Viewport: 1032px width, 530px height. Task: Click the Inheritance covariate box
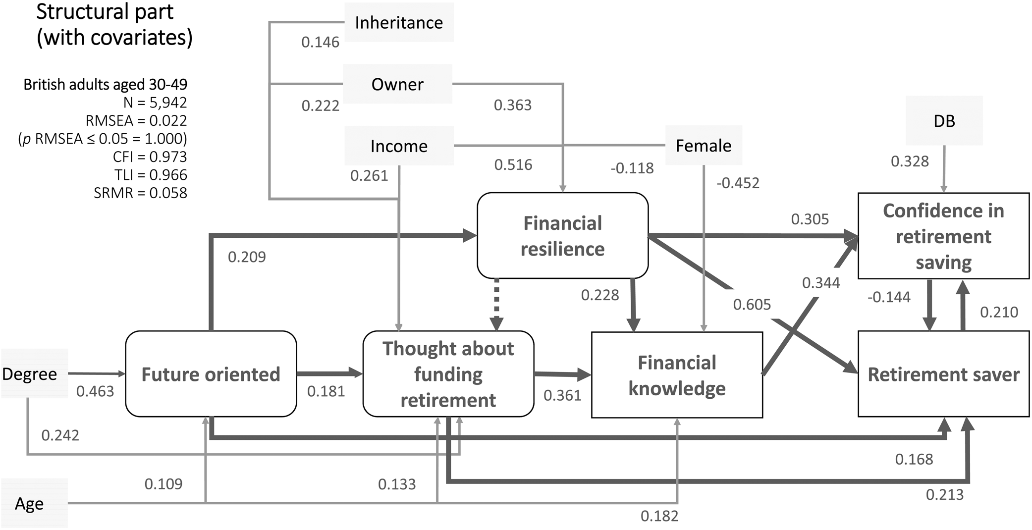[399, 23]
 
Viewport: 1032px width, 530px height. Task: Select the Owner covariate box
[397, 84]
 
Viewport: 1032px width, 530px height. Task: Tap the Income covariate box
[399, 146]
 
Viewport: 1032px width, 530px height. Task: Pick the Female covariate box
[704, 146]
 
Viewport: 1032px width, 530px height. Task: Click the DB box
[944, 121]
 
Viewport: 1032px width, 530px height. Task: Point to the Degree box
[30, 374]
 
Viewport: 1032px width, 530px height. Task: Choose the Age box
[30, 504]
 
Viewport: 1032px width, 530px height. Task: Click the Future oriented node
[211, 374]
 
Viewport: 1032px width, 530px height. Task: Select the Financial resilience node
[562, 236]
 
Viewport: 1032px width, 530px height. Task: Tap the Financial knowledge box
[677, 375]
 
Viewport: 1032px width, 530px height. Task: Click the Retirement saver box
[943, 374]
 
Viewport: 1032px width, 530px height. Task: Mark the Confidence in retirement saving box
[943, 236]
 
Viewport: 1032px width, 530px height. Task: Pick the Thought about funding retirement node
[448, 374]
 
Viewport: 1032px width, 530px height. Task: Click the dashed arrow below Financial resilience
[496, 305]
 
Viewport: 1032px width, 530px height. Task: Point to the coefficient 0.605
[752, 305]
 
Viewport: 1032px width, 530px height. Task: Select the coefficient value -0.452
[738, 183]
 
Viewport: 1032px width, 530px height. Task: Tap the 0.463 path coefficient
[95, 391]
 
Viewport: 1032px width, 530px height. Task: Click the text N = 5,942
[155, 103]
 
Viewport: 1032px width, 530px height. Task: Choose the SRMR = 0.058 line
[141, 193]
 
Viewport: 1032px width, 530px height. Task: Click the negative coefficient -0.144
[889, 297]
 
